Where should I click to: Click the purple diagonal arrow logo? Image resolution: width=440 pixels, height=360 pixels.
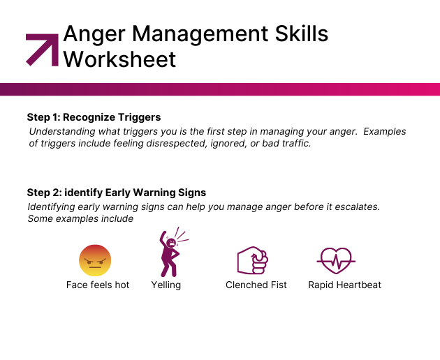(x=42, y=50)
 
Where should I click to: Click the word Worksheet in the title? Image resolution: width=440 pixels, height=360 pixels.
(x=119, y=59)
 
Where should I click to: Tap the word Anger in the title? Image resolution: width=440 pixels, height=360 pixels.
(x=94, y=35)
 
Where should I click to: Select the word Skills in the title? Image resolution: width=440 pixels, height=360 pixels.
(x=302, y=33)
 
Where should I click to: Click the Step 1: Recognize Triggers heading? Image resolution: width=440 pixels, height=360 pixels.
(x=94, y=117)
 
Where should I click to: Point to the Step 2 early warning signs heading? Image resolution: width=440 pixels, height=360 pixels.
(x=117, y=193)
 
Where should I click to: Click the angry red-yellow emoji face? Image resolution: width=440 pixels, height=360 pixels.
(x=95, y=260)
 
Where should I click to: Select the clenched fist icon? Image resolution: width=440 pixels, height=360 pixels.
(x=253, y=260)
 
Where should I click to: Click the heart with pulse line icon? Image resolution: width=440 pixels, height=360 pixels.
(x=336, y=261)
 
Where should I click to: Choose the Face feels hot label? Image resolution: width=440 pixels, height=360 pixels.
(x=98, y=285)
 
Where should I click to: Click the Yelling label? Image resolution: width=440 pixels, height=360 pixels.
(x=166, y=285)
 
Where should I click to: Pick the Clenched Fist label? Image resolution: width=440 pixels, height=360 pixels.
(x=256, y=285)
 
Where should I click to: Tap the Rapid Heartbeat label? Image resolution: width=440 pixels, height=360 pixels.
(x=344, y=285)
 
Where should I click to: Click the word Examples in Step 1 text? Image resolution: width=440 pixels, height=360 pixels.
(x=384, y=131)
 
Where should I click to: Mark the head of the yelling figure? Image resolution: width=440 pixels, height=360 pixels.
(x=171, y=243)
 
